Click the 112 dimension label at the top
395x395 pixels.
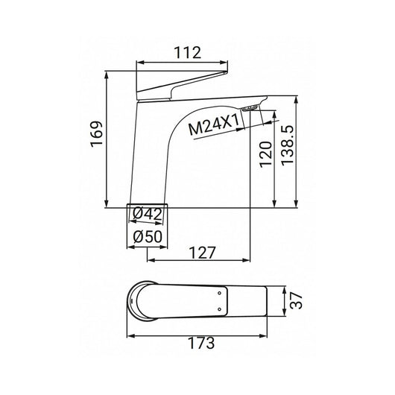pos(183,53)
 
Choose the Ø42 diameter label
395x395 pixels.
pos(149,215)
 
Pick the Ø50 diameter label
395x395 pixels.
pos(149,237)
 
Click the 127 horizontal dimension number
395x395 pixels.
pos(200,252)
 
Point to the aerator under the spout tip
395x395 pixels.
pos(253,109)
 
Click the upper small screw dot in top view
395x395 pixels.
pos(220,294)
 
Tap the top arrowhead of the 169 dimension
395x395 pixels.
pos(108,75)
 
